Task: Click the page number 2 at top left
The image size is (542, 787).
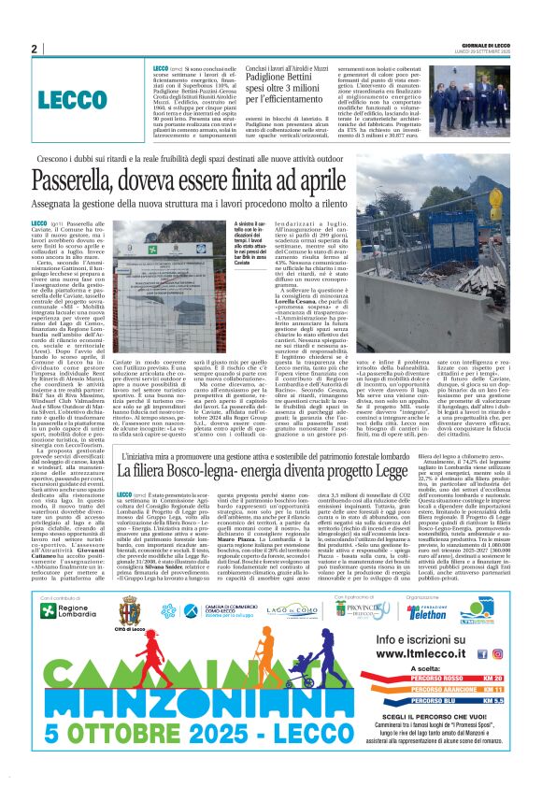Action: point(35,49)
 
